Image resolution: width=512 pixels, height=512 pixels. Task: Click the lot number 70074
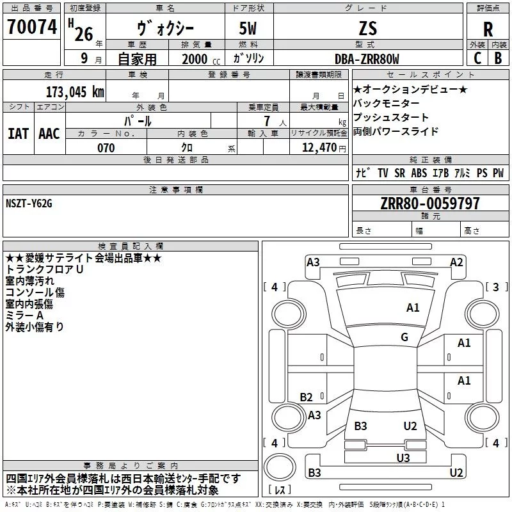click(32, 27)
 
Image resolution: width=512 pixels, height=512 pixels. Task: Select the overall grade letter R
click(488, 29)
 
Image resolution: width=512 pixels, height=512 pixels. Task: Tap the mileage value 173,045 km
click(75, 92)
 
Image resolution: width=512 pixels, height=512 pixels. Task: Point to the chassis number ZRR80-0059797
click(430, 204)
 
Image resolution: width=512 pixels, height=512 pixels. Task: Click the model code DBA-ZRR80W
click(367, 59)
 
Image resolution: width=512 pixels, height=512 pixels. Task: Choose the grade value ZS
click(368, 28)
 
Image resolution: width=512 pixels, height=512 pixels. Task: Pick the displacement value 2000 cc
click(201, 60)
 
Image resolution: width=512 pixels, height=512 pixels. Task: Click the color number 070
click(106, 148)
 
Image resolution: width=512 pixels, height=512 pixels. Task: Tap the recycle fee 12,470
click(319, 148)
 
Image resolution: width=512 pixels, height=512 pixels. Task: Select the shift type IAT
click(19, 134)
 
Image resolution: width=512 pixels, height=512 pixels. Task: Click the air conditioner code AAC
click(49, 134)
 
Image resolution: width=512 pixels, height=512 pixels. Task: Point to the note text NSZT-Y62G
click(29, 204)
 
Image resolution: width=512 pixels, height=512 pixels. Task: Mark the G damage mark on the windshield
click(404, 337)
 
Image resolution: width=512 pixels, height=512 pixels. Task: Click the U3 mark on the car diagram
click(403, 458)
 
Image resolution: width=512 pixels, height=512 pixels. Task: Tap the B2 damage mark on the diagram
click(306, 397)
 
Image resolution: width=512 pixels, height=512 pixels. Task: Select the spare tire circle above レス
click(280, 467)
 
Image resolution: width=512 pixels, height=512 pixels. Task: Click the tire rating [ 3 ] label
click(497, 287)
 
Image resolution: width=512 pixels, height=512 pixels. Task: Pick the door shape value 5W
click(248, 29)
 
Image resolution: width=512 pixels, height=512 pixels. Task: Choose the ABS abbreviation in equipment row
click(419, 173)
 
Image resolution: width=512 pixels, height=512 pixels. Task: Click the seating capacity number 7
click(267, 121)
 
